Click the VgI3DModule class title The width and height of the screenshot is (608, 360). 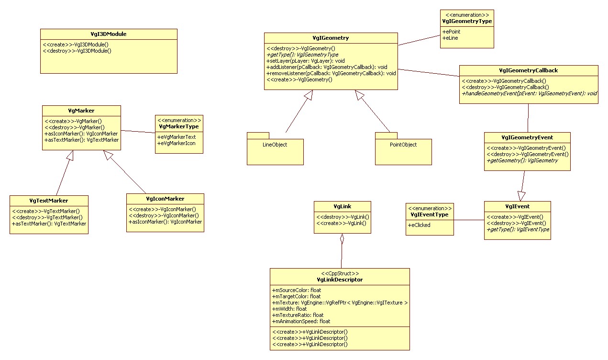108,34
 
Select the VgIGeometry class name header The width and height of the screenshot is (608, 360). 331,38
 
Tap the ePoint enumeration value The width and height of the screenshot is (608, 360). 452,31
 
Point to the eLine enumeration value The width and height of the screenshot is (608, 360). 450,38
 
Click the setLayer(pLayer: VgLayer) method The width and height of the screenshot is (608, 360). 306,61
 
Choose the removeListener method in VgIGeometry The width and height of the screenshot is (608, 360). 331,73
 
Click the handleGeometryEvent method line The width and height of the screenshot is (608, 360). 529,93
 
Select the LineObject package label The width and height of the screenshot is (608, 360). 275,145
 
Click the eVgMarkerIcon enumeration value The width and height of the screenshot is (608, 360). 177,143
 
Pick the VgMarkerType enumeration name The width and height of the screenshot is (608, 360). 179,127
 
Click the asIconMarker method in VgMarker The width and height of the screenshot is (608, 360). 81,134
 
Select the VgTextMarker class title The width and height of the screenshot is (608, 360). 49,201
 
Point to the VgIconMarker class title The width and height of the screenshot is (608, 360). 165,199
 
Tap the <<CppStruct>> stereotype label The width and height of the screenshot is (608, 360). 340,273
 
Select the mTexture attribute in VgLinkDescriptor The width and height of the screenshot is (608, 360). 340,303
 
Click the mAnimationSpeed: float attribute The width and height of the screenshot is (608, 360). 301,321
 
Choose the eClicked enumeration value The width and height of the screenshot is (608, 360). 420,225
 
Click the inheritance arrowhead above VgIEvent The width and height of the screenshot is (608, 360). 521,196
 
